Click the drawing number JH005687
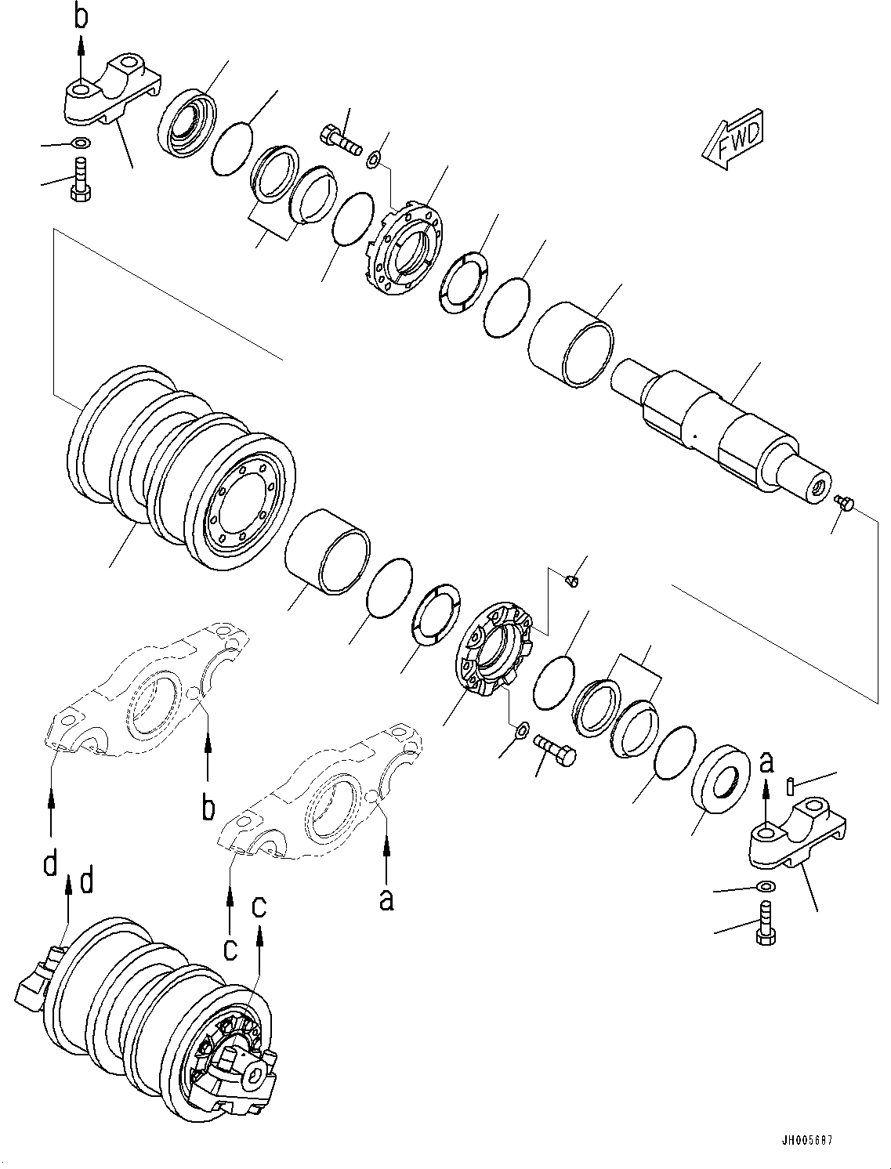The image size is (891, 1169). pyautogui.click(x=806, y=1139)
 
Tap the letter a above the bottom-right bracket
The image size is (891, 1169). pyautogui.click(x=767, y=761)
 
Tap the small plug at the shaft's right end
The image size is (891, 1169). pyautogui.click(x=843, y=501)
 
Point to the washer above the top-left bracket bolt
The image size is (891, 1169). pyautogui.click(x=79, y=143)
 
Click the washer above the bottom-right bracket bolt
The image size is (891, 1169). pyautogui.click(x=767, y=886)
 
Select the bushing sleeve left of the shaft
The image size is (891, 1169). pyautogui.click(x=570, y=346)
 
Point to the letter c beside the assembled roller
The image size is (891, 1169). pyautogui.click(x=259, y=907)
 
